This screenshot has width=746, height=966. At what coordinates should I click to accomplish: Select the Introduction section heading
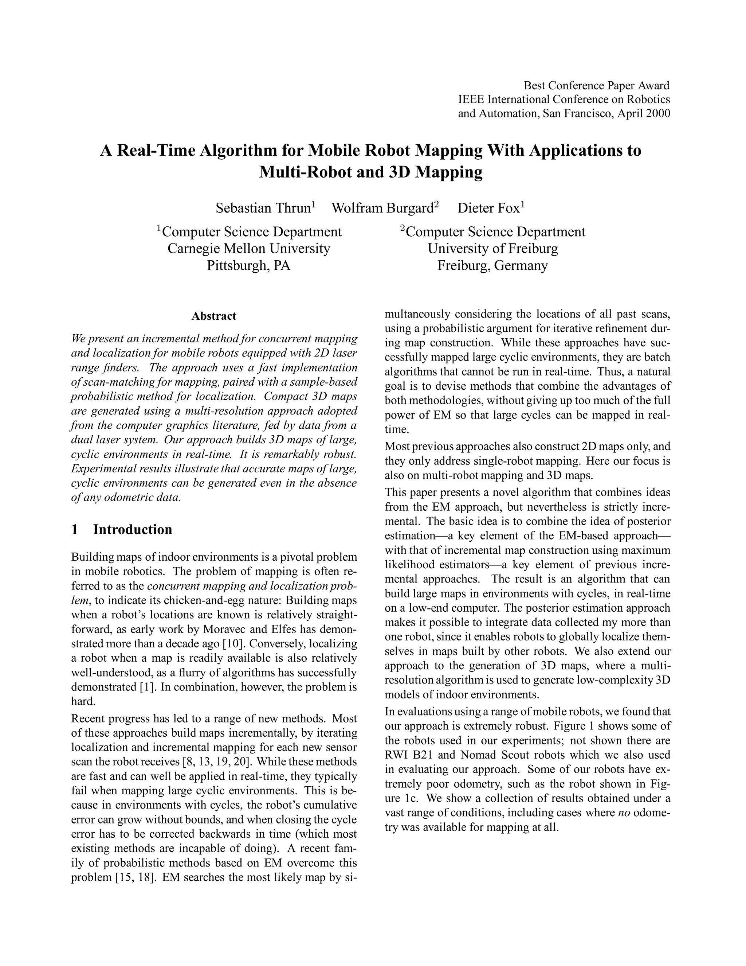tap(132, 529)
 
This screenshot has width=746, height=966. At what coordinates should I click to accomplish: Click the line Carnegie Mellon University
tap(249, 249)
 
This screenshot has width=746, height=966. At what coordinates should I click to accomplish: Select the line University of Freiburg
tap(493, 249)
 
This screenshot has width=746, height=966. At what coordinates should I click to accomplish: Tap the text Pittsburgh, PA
tap(249, 265)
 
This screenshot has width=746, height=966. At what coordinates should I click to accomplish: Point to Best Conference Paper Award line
tap(597, 85)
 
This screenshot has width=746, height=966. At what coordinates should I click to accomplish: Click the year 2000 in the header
tap(657, 114)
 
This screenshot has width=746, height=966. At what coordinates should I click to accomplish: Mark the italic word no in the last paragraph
tap(621, 813)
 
